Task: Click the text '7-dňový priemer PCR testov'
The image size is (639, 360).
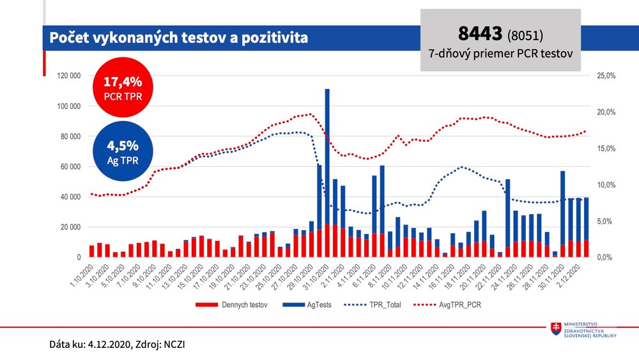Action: tap(500, 55)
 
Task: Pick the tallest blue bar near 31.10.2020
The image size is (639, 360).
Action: tap(327, 160)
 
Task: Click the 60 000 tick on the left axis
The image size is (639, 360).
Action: tap(68, 166)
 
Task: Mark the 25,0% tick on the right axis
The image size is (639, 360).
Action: tap(605, 75)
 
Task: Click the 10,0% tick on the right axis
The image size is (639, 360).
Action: tap(605, 185)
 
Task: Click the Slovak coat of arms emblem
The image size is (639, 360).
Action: tap(557, 329)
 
